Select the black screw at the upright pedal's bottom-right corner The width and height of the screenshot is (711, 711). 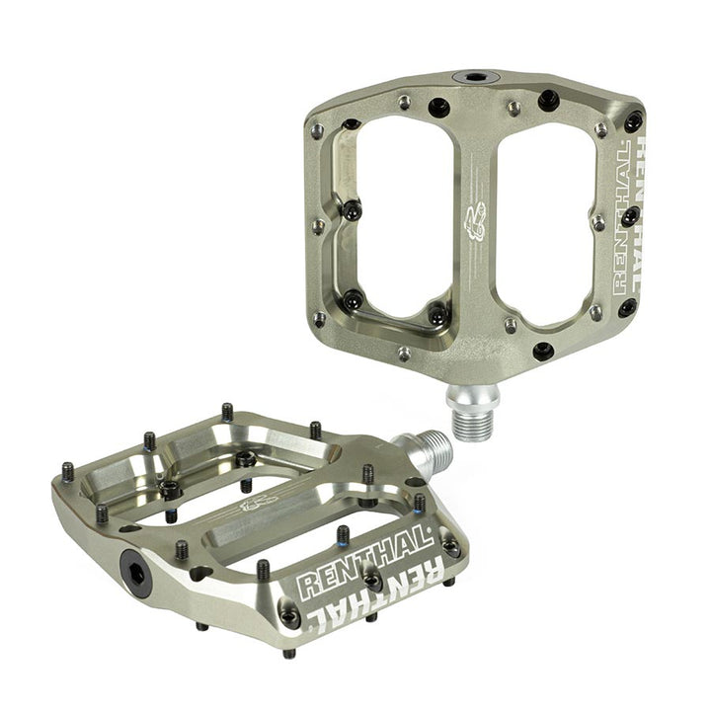click(626, 307)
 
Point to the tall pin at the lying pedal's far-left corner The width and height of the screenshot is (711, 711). click(67, 471)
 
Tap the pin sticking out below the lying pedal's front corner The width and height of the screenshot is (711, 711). click(289, 652)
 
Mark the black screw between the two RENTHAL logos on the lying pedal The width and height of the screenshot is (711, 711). click(449, 549)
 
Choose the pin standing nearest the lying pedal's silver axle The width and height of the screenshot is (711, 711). click(368, 473)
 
